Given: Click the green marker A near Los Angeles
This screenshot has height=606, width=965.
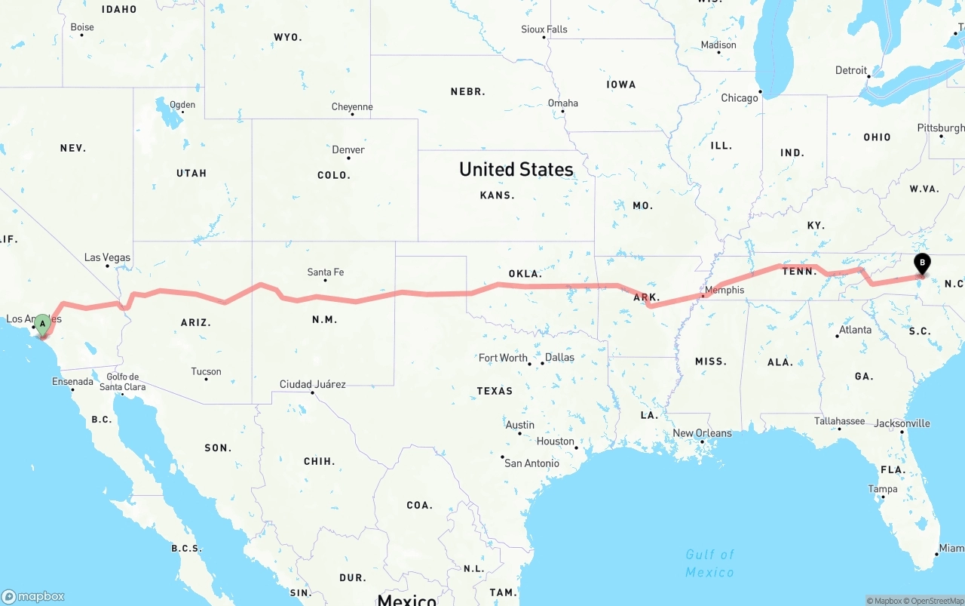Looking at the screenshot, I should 43,325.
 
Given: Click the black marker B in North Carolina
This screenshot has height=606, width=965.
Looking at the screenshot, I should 921,264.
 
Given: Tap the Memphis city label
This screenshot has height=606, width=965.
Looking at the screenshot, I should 724,290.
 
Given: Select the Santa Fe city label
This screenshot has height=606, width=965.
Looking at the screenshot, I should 326,272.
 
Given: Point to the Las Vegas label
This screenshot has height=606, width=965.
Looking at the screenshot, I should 107,257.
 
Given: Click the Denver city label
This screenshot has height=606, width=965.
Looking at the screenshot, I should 348,149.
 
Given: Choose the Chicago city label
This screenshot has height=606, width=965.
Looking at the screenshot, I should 739,98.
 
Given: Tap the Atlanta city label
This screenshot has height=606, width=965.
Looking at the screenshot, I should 855,330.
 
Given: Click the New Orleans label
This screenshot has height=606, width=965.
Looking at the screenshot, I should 702,433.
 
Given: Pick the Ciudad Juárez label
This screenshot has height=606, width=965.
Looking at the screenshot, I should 312,384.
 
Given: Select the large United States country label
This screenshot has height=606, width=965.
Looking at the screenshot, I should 516,169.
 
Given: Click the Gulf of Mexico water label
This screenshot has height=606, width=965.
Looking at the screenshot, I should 709,563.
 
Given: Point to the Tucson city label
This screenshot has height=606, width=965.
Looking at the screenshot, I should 206,371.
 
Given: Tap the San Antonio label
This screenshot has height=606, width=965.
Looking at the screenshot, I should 532,463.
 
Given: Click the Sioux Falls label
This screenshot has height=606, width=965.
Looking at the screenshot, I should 544,29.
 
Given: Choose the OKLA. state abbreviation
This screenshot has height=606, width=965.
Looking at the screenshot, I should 525,274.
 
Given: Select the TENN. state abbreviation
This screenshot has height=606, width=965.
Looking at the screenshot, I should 799,271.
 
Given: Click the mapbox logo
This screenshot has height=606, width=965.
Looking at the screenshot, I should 33,596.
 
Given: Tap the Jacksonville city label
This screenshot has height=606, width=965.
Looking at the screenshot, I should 902,423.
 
